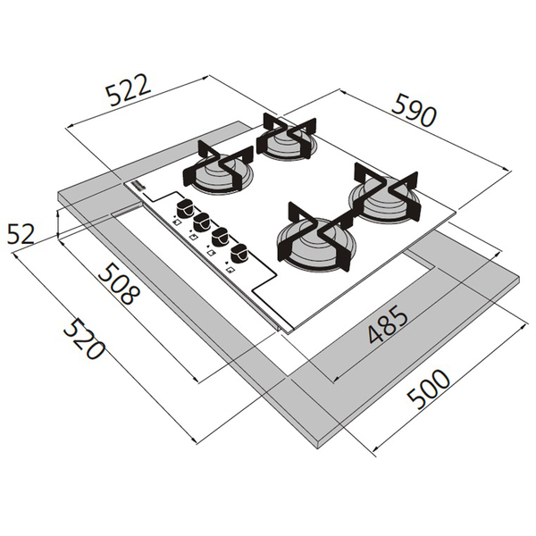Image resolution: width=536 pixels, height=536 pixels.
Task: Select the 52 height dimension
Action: coord(20,234)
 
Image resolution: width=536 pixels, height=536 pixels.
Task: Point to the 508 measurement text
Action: coord(116,284)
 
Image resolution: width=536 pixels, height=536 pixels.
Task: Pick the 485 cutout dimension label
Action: coord(387,325)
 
